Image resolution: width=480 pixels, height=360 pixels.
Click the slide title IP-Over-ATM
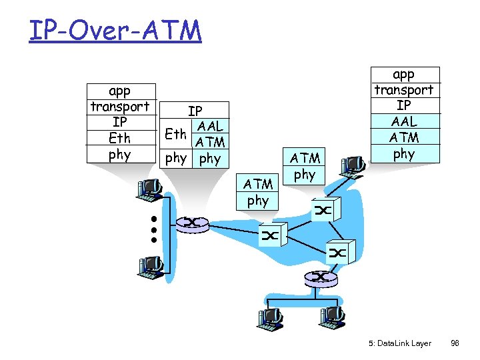point(115,30)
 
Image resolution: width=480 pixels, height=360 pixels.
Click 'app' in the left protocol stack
point(120,91)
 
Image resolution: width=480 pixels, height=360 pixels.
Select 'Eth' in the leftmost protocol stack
point(120,139)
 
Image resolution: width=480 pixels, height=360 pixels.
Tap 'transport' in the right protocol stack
point(403,90)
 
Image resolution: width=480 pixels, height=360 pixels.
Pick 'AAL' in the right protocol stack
point(403,121)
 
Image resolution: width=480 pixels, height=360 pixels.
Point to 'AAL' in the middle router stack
point(210,126)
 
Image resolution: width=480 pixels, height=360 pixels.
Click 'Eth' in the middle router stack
point(176,134)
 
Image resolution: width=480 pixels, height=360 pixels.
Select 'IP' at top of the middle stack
point(195,111)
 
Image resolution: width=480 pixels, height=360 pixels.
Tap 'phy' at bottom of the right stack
point(403,153)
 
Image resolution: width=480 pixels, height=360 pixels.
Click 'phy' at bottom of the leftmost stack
point(120,155)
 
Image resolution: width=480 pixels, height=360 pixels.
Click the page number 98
point(455,343)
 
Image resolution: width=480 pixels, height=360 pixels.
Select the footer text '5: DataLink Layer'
point(399,343)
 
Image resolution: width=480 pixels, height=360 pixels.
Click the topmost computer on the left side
point(150,190)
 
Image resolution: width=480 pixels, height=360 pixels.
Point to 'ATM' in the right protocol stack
point(403,137)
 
